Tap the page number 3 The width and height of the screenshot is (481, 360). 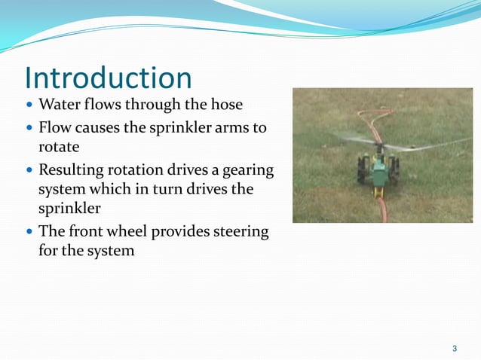454,348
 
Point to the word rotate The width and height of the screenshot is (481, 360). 60,145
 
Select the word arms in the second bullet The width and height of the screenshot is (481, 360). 232,127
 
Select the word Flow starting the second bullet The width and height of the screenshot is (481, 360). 54,127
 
